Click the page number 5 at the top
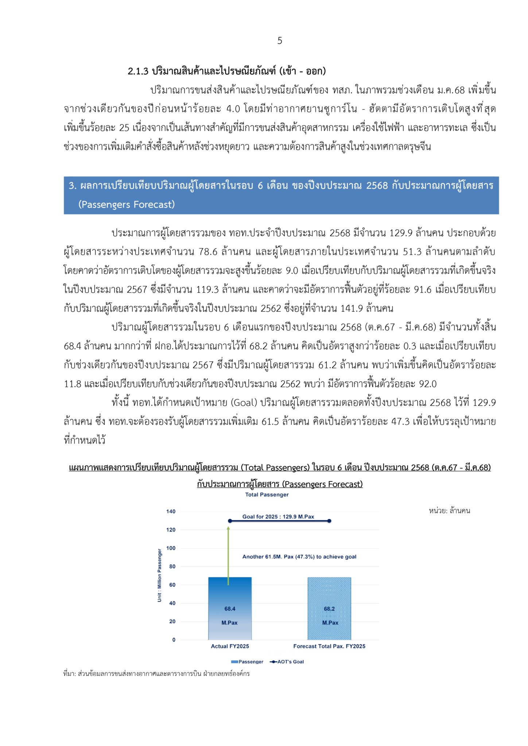coord(280,41)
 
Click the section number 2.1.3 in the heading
coord(138,71)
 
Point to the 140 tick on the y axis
coord(171,511)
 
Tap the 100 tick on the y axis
coord(171,548)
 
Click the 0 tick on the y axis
coord(174,640)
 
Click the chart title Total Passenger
coord(267,495)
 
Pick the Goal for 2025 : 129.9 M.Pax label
coord(278,517)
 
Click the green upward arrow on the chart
coord(229,554)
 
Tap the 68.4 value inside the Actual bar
coord(230,609)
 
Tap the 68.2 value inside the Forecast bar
coord(329,609)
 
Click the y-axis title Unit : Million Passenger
coord(159,575)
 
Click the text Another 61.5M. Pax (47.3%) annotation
coord(299,557)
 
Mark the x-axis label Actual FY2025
coord(230,646)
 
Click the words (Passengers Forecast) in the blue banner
coord(127,205)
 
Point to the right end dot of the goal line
coord(329,521)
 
